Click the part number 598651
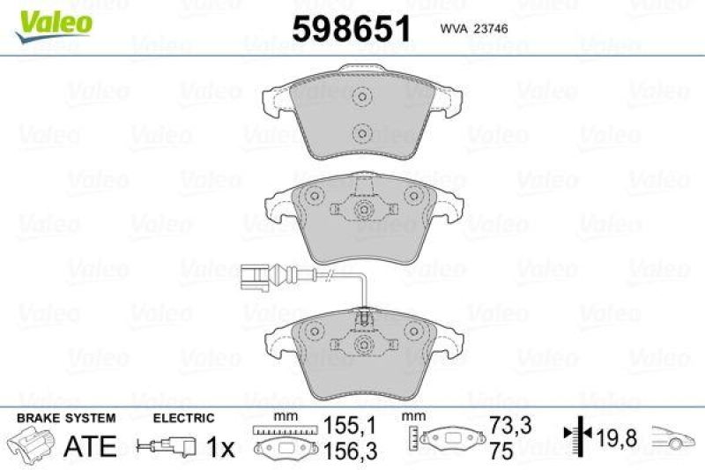tap(352, 29)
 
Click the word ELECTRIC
tap(183, 417)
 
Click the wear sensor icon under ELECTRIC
tap(165, 447)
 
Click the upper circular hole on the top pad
tap(360, 98)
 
